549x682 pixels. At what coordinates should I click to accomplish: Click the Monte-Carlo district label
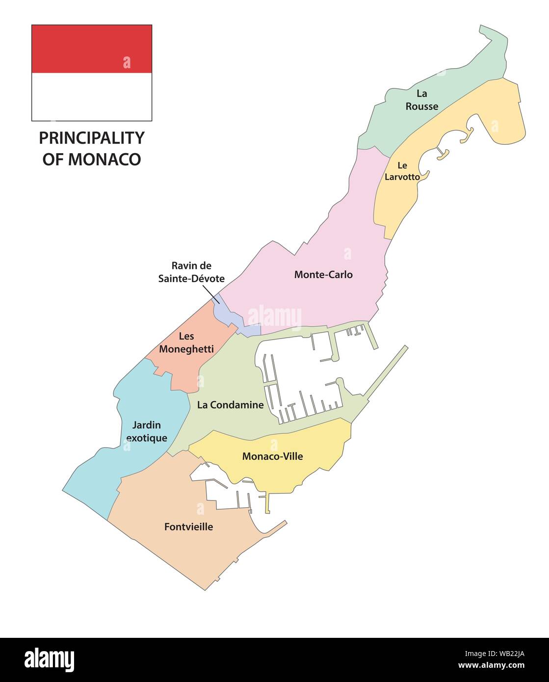pyautogui.click(x=323, y=275)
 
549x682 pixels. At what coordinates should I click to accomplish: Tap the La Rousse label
pyautogui.click(x=421, y=100)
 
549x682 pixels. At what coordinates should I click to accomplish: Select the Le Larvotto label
pyautogui.click(x=402, y=171)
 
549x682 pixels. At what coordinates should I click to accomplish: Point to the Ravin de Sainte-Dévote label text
pyautogui.click(x=191, y=272)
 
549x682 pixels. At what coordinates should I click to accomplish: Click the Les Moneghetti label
pyautogui.click(x=186, y=342)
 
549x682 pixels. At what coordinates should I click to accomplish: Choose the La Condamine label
pyautogui.click(x=230, y=405)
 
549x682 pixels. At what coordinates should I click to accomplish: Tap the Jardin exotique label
pyautogui.click(x=146, y=431)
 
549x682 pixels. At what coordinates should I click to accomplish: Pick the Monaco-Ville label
pyautogui.click(x=272, y=456)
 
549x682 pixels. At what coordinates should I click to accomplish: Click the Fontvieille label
pyautogui.click(x=188, y=526)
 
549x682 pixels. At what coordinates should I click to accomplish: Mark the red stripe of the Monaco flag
pyautogui.click(x=92, y=49)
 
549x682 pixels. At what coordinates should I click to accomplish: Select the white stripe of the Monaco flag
pyautogui.click(x=92, y=97)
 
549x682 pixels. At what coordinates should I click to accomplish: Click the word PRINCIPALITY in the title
pyautogui.click(x=92, y=138)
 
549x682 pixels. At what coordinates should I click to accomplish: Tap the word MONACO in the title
pyautogui.click(x=104, y=159)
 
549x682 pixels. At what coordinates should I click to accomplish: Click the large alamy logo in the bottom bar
pyautogui.click(x=49, y=660)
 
